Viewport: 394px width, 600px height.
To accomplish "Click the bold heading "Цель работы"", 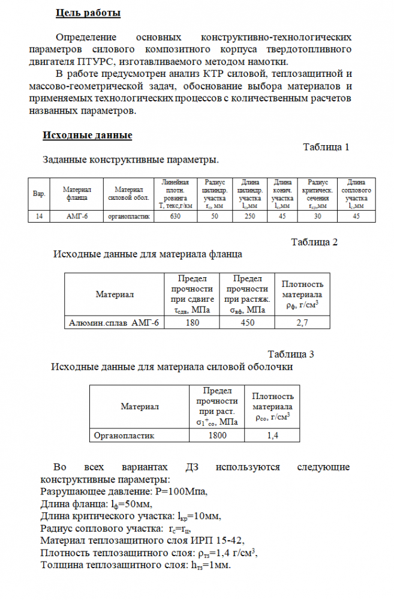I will [x=88, y=12].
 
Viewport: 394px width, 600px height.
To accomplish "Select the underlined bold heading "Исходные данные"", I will [x=87, y=135].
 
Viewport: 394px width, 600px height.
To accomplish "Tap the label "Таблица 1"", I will [x=326, y=148].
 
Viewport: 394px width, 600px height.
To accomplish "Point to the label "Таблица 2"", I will [x=315, y=242].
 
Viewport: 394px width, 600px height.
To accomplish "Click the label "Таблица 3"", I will [x=291, y=354].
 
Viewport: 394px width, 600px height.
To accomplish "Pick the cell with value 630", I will [x=176, y=216].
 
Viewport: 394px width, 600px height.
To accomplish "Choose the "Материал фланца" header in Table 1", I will [x=76, y=193].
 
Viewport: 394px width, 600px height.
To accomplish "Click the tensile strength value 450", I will [x=246, y=323].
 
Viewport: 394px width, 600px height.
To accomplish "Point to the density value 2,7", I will [x=302, y=323].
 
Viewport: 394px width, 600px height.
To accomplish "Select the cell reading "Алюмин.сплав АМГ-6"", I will [x=114, y=323].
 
